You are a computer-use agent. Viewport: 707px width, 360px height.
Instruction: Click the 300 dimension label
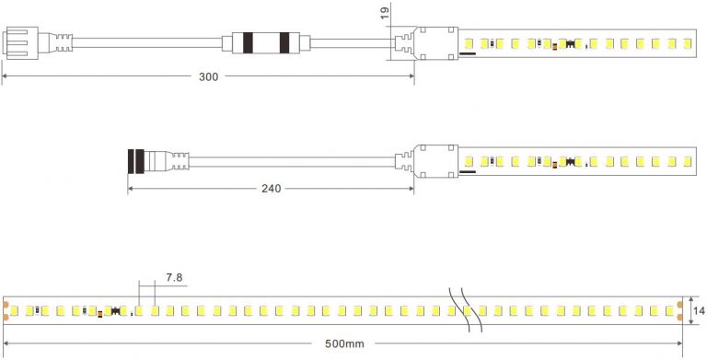pos(209,77)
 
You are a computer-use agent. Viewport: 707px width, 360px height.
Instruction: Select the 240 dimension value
pos(272,189)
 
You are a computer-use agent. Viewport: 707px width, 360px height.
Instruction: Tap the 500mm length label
pos(344,344)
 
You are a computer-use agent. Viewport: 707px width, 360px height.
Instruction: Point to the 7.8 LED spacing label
pos(174,277)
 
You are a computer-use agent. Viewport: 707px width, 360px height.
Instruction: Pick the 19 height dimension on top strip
pos(384,13)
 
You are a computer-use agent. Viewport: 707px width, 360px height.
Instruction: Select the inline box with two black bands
pos(266,42)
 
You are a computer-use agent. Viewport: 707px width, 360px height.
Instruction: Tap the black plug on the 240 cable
pos(135,161)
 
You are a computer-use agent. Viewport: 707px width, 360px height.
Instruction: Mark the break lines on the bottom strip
pos(464,310)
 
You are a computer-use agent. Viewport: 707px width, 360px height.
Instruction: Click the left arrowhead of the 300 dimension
pos(5,77)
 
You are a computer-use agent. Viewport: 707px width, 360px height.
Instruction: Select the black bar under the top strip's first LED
pos(468,53)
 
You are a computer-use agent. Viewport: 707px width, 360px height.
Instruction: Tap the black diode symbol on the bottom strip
pos(116,311)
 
